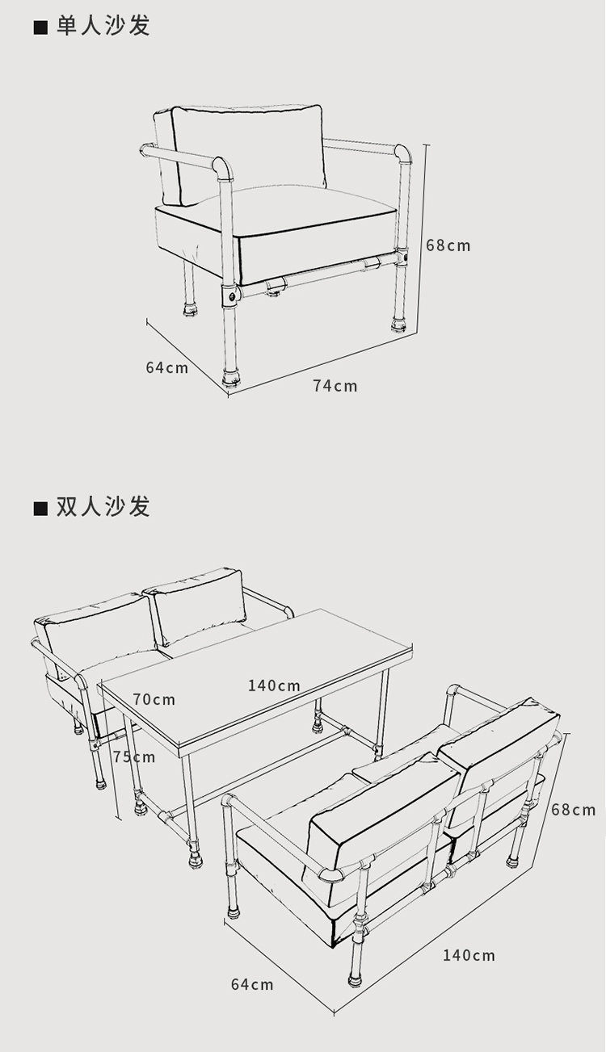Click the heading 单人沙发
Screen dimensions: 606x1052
103,26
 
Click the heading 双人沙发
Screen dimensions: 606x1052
103,507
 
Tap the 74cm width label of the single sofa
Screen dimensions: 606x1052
335,386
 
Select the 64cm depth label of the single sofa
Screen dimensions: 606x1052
166,367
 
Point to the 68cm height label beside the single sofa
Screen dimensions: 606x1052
448,245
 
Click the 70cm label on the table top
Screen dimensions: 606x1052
154,699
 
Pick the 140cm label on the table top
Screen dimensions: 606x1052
274,686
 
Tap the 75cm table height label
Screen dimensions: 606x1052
134,757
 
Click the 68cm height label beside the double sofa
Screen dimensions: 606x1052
573,809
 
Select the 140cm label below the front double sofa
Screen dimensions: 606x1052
469,956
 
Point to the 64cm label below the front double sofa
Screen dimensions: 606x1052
252,984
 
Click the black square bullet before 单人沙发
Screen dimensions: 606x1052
40,27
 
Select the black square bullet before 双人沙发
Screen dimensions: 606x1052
40,509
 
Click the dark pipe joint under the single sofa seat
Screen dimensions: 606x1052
232,295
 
